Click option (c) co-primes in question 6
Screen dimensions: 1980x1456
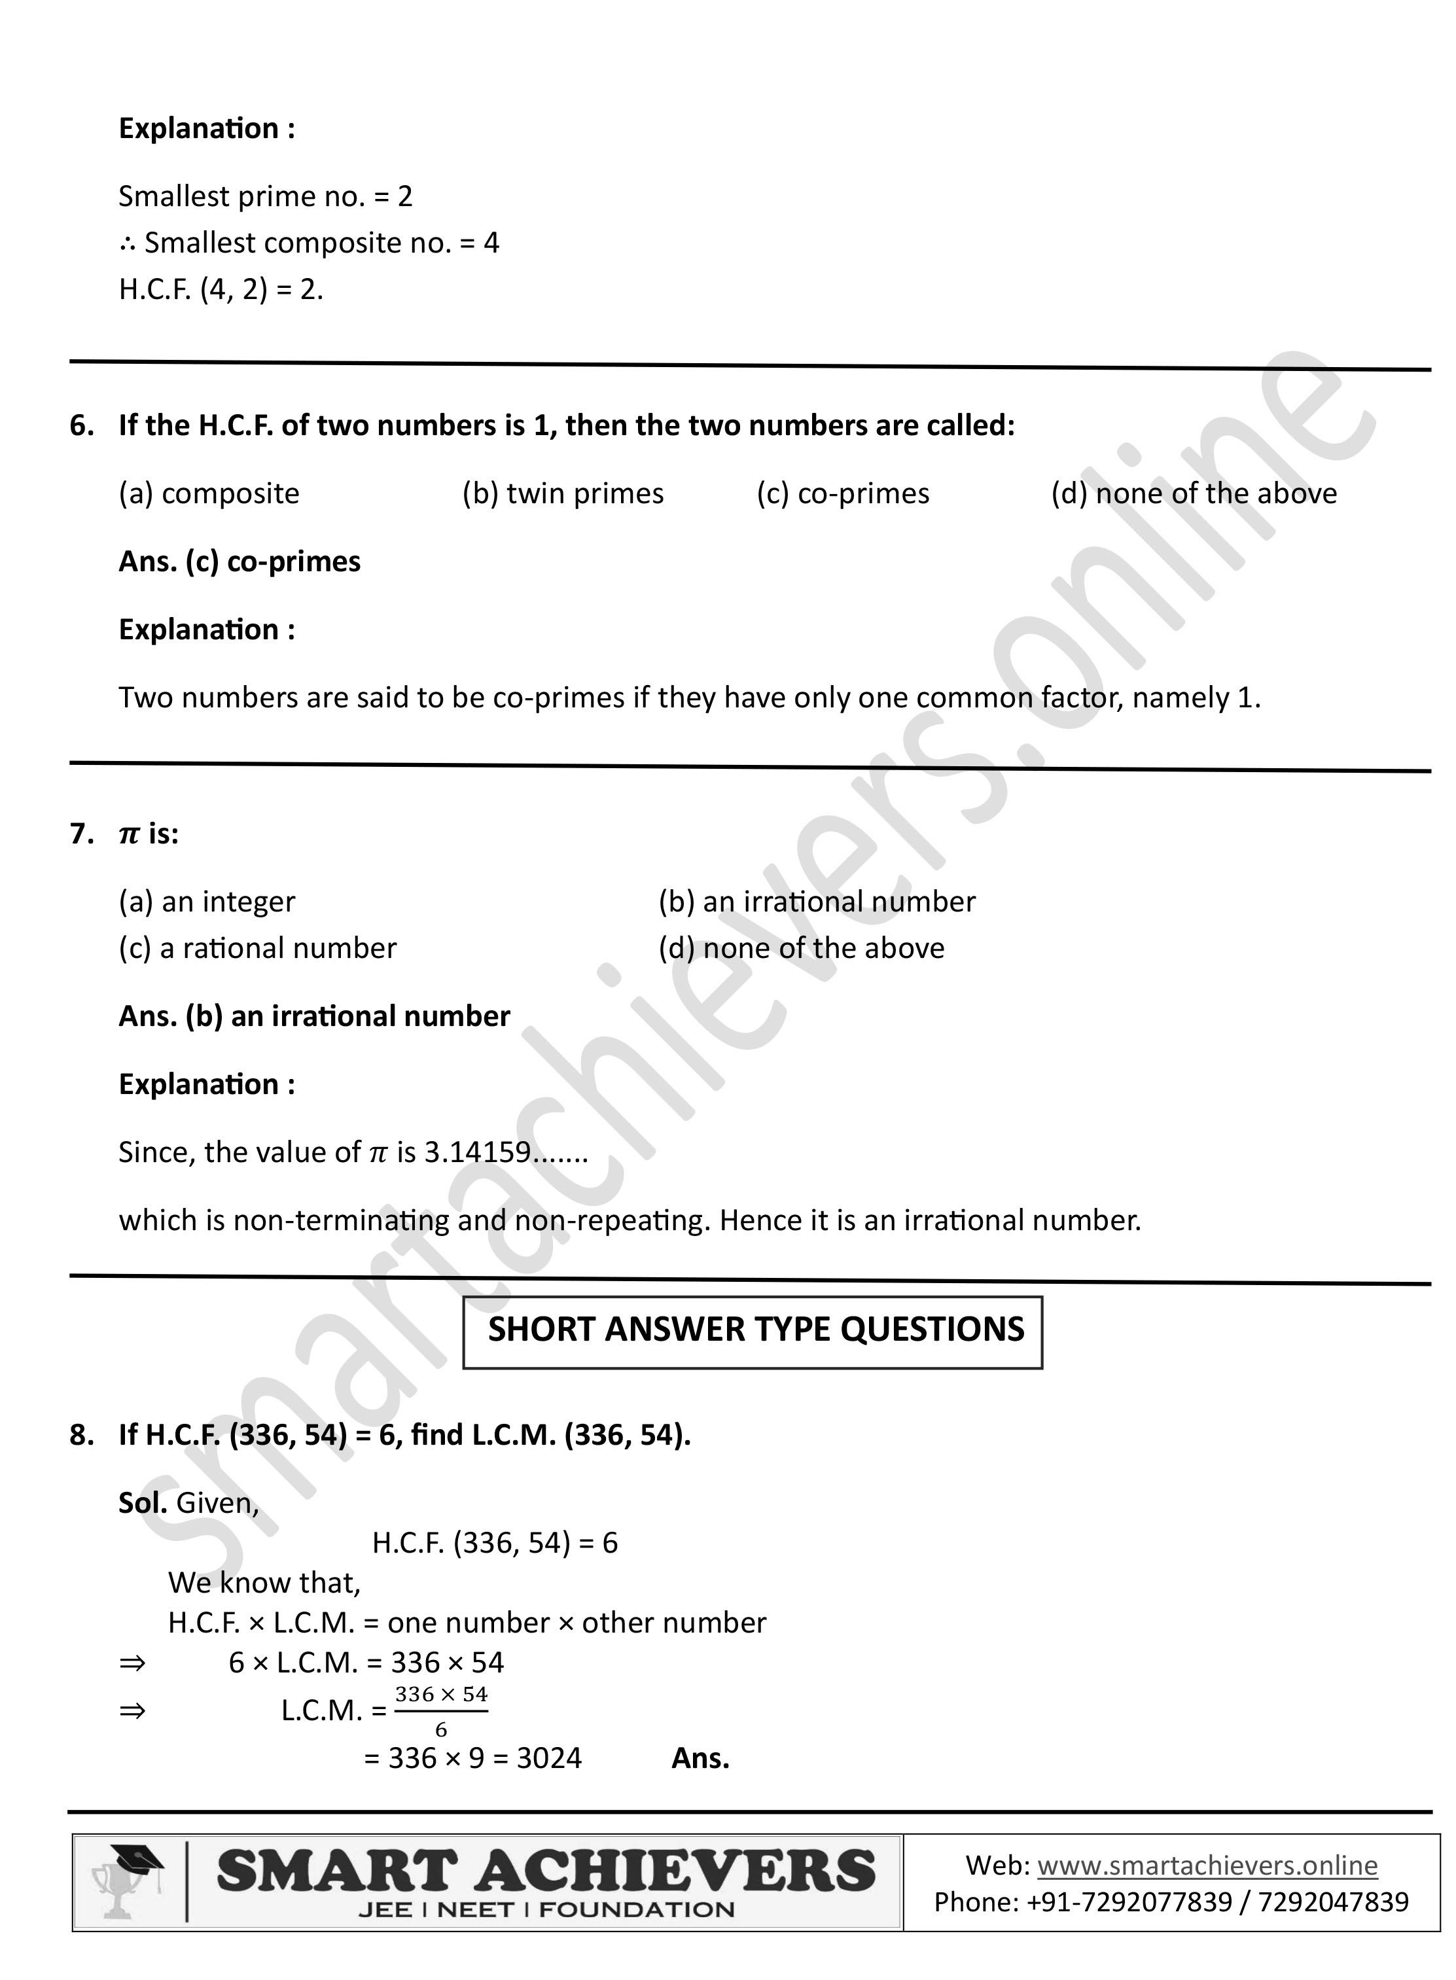843,493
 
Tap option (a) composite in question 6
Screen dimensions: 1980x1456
209,493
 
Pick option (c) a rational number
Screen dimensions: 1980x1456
257,948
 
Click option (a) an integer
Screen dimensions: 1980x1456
207,902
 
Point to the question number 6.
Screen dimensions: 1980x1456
81,425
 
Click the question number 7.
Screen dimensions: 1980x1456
81,834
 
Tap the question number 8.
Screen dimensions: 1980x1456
81,1434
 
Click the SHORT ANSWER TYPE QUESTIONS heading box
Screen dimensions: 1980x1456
753,1332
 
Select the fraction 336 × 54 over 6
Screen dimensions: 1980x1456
440,1711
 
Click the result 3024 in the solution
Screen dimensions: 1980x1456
549,1759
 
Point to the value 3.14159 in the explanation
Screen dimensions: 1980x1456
478,1152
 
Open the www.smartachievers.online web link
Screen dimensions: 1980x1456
1207,1865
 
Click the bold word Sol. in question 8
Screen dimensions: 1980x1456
143,1502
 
